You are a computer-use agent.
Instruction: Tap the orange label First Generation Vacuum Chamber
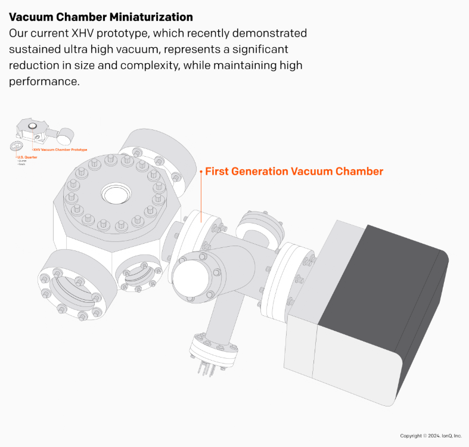pyautogui.click(x=294, y=172)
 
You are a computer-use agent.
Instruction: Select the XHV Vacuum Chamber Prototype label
pyautogui.click(x=60, y=150)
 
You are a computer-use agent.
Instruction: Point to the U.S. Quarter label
pyautogui.click(x=27, y=157)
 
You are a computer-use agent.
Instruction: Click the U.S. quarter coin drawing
pyautogui.click(x=17, y=147)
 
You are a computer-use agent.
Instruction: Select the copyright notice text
pyautogui.click(x=431, y=436)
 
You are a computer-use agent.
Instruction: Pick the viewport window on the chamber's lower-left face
pyautogui.click(x=72, y=289)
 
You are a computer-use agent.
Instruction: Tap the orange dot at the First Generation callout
pyautogui.click(x=201, y=172)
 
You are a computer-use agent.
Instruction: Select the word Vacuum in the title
pyautogui.click(x=34, y=17)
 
